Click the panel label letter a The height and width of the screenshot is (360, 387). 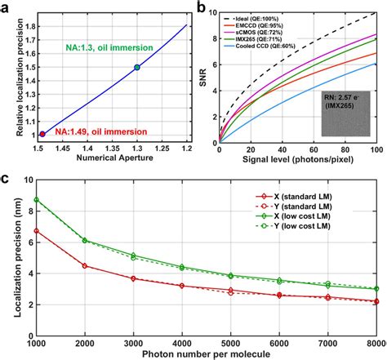pyautogui.click(x=7, y=7)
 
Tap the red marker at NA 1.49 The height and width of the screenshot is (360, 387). pyautogui.click(x=43, y=133)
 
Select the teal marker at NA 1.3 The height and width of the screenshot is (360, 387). pyautogui.click(x=137, y=67)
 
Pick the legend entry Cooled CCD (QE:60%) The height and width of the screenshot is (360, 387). pyautogui.click(x=262, y=51)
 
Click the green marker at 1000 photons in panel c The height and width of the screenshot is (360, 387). pyautogui.click(x=35, y=200)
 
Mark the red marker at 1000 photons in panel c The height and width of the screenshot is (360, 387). pyautogui.click(x=35, y=231)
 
